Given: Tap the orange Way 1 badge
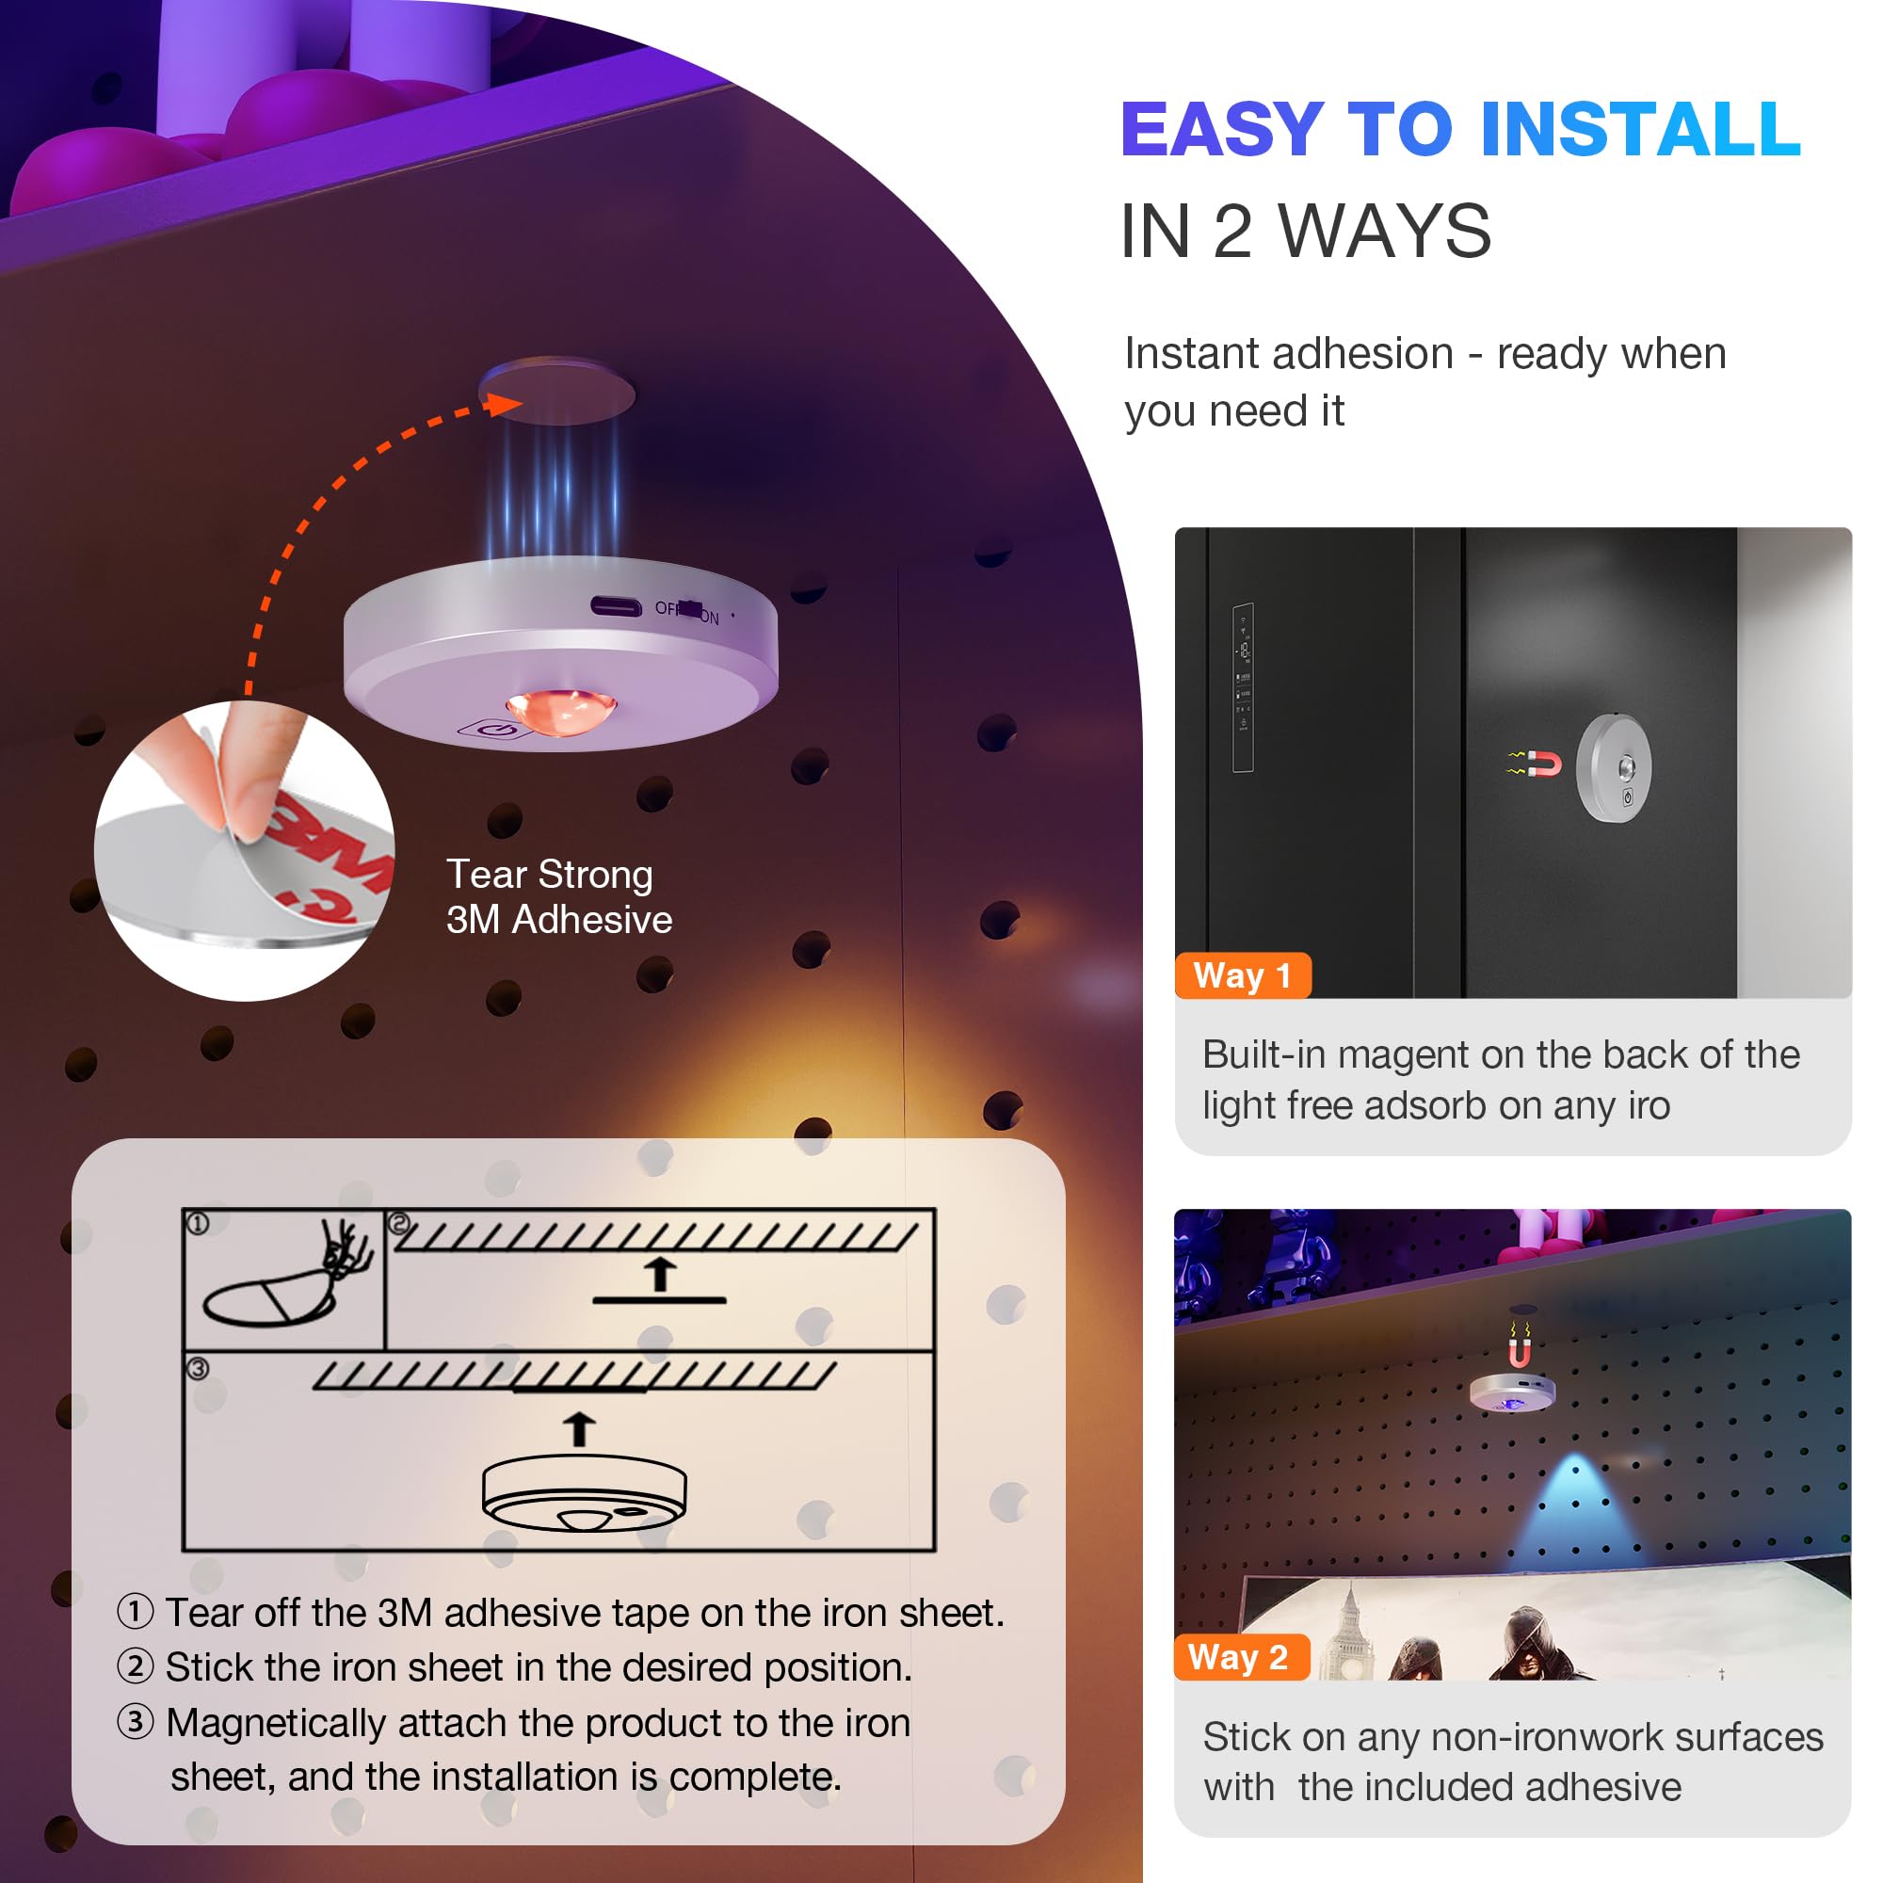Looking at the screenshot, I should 1243,975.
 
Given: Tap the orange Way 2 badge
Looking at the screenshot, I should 1240,1658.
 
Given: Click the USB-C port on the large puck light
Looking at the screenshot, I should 616,607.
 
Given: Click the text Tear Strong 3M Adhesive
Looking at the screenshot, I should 558,896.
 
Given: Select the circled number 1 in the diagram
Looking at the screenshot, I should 198,1224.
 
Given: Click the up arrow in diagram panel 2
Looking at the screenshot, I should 661,1274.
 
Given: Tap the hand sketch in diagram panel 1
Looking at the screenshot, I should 346,1250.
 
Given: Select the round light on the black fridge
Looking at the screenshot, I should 1614,768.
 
